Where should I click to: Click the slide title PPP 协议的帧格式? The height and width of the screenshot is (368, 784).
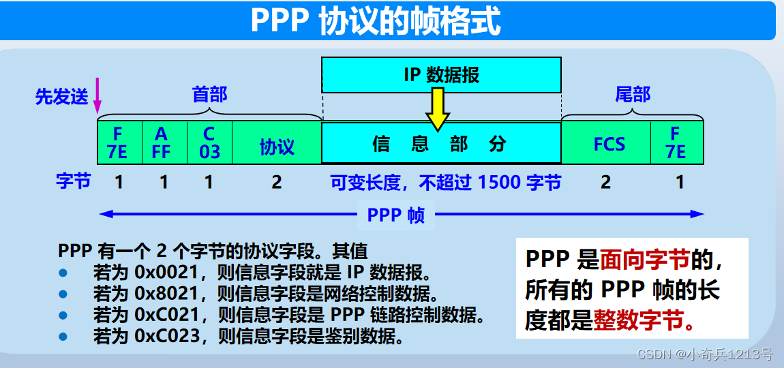coord(376,22)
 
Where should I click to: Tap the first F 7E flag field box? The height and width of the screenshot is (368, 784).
coord(119,142)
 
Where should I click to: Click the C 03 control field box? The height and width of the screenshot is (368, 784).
coord(209,142)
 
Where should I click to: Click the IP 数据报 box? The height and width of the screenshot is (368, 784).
coord(441,74)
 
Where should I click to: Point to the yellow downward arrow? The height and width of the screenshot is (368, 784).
coord(437,108)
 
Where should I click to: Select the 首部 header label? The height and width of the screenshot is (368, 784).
coord(209,94)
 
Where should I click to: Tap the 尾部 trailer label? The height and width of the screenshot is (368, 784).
coord(632,95)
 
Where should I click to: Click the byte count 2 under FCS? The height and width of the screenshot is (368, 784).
coord(606,183)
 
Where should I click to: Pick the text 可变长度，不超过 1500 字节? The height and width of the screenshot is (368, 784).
coord(446,183)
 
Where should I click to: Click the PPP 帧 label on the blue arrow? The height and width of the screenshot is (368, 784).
coord(395,215)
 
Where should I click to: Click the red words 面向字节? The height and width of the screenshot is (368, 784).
coord(645,259)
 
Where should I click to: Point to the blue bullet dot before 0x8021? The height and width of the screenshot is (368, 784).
coord(63,294)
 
